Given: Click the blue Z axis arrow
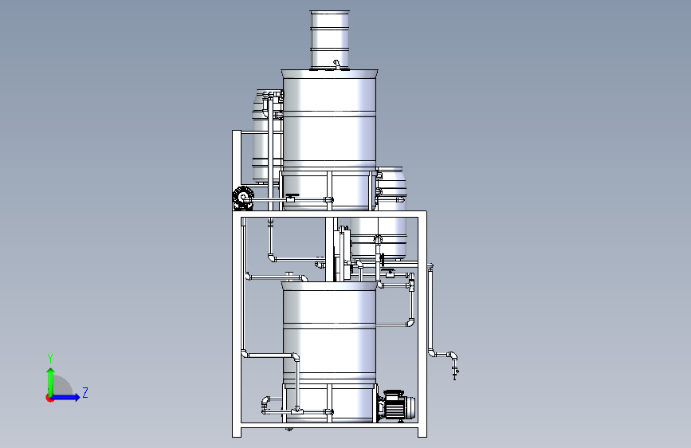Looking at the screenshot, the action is [66, 397].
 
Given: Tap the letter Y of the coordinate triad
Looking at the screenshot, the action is [50, 359].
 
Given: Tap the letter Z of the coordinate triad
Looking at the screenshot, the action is [85, 392].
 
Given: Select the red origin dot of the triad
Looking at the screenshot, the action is [49, 398].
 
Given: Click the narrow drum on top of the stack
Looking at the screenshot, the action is [330, 40].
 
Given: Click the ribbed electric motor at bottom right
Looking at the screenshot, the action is [398, 405].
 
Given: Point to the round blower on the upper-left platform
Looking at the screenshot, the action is [243, 198].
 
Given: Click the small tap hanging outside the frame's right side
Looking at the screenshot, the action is [455, 372].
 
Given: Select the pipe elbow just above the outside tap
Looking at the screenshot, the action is [452, 356].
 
